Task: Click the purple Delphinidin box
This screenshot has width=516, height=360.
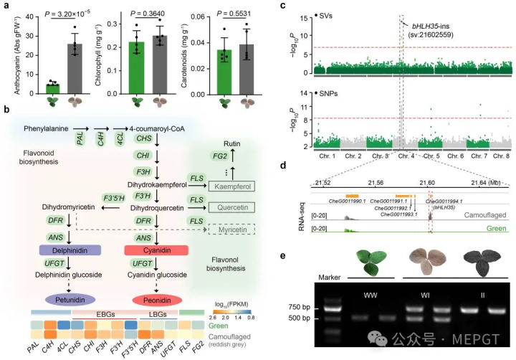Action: [x=68, y=251]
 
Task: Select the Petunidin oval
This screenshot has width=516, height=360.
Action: [x=75, y=297]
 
